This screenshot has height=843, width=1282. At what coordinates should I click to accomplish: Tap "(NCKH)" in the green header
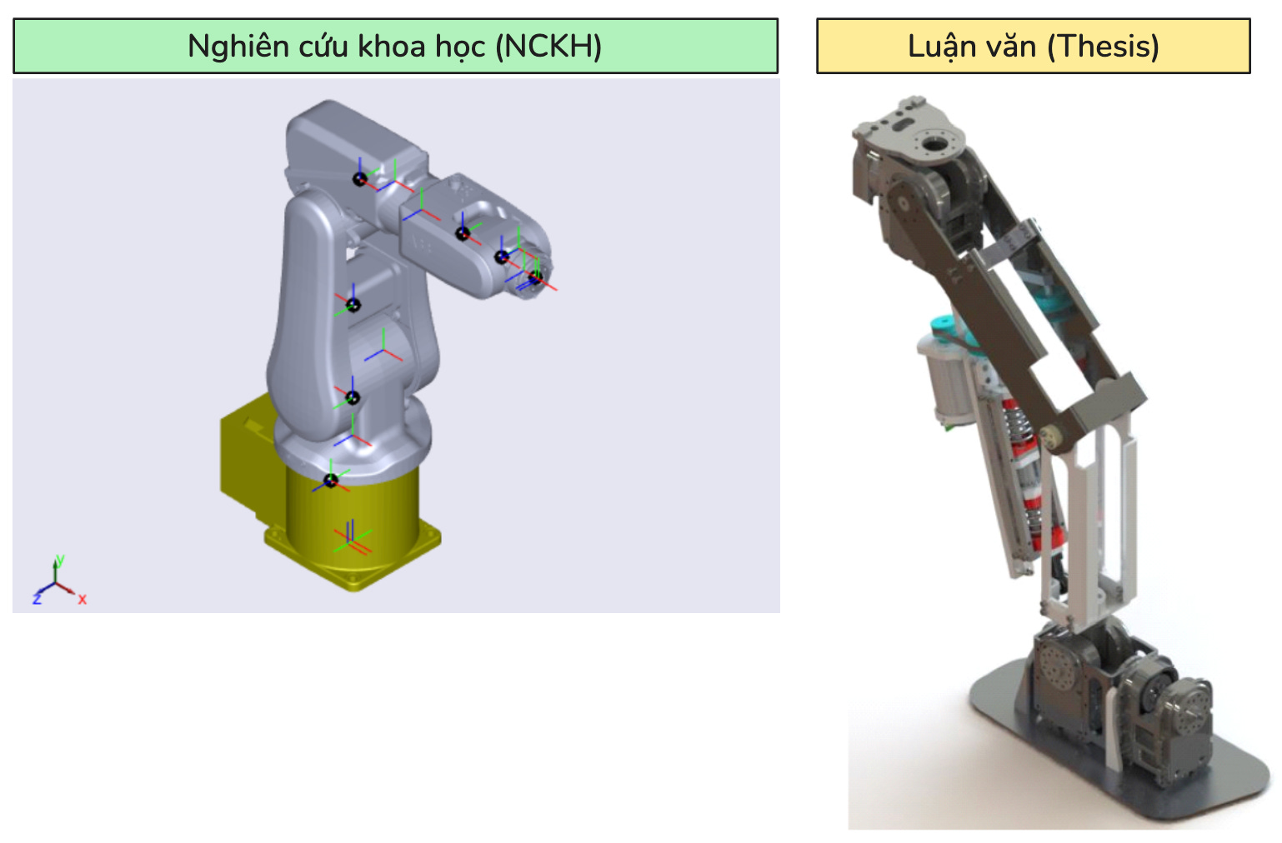point(548,47)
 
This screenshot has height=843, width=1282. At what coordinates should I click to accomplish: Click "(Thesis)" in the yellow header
point(1103,47)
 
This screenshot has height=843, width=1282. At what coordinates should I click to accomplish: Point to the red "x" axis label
point(83,599)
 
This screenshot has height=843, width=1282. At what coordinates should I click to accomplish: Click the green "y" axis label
point(60,560)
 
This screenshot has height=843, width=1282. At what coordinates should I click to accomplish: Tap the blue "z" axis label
point(38,599)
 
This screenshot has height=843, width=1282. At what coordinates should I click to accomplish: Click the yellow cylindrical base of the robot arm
point(353,515)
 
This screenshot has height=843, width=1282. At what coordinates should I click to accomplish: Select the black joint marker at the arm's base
point(331,481)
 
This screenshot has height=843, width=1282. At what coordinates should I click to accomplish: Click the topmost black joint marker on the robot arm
point(359,180)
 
